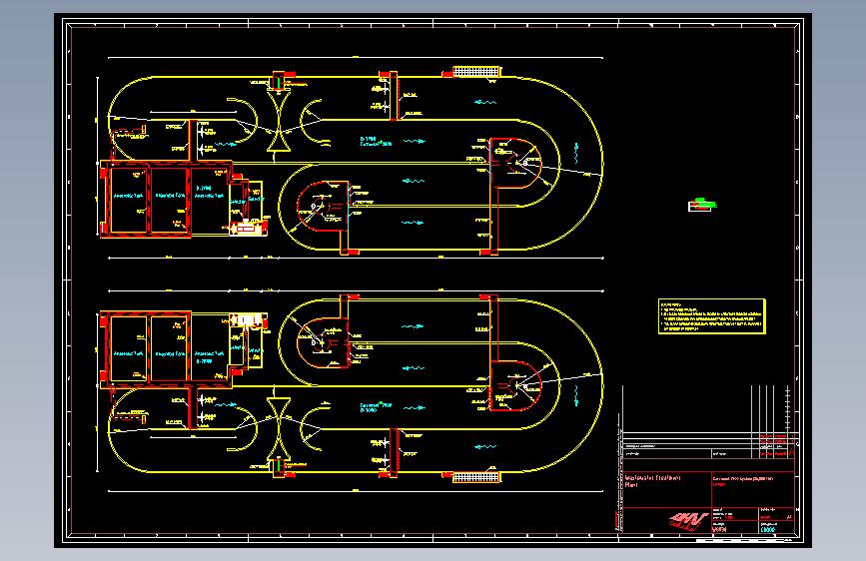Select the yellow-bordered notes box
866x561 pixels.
711,313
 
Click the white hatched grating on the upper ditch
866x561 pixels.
475,71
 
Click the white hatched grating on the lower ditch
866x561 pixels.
475,478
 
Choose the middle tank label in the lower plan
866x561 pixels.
170,353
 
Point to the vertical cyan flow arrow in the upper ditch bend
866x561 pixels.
578,152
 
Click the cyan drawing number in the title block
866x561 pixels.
768,530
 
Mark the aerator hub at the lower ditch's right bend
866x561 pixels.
516,385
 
